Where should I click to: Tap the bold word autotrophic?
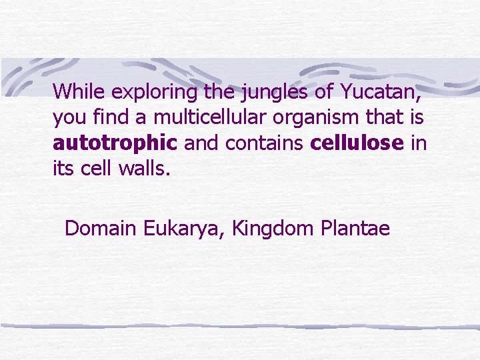click(x=115, y=143)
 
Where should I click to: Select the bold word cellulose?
click(x=357, y=143)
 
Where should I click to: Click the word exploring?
click(x=154, y=91)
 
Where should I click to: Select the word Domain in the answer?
click(x=101, y=229)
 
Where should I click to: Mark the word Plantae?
click(x=355, y=229)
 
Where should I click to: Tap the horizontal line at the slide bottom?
click(x=240, y=327)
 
